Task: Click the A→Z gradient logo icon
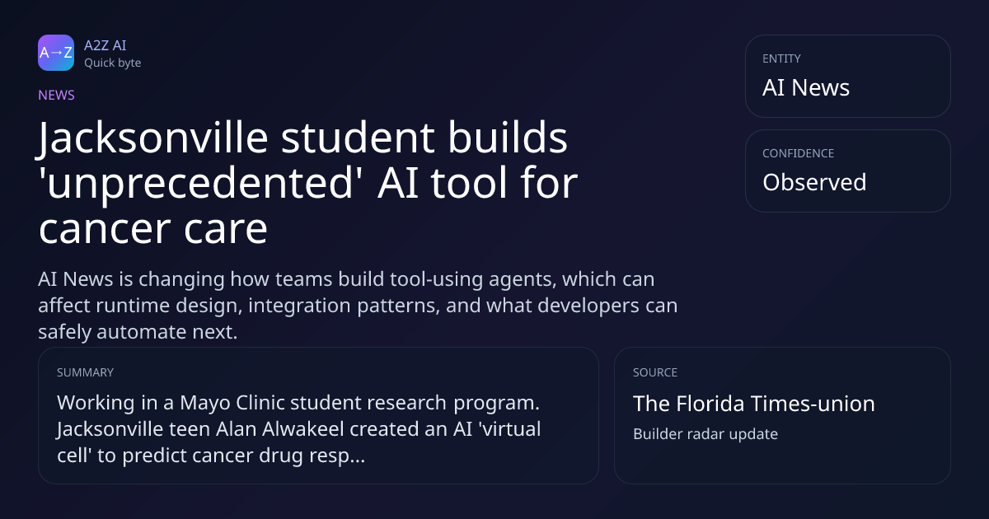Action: click(x=56, y=53)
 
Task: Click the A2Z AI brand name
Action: click(x=105, y=45)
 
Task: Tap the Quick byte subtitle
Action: click(x=113, y=63)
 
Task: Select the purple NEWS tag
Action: click(x=56, y=95)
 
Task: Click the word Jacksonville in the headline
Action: click(x=153, y=138)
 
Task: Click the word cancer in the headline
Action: click(x=105, y=230)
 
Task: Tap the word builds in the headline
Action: click(x=508, y=137)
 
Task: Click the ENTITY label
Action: click(x=781, y=58)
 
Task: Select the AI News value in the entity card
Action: click(x=806, y=87)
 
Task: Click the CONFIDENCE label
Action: click(x=799, y=153)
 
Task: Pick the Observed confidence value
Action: click(x=814, y=182)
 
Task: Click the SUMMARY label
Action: click(x=85, y=372)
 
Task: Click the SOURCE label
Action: click(x=654, y=372)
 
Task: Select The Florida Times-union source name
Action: click(x=753, y=404)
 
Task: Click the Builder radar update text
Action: click(x=705, y=434)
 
